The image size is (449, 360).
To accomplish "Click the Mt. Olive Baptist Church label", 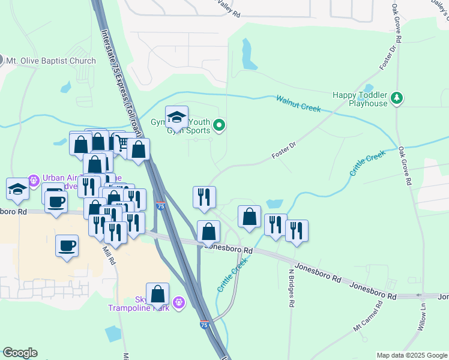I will tap(51, 61).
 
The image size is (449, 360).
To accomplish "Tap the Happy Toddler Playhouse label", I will tap(360, 99).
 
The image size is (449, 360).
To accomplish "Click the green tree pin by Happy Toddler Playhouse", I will tap(396, 98).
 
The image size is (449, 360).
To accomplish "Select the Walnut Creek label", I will tap(298, 103).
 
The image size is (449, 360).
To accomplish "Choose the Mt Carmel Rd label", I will tap(368, 317).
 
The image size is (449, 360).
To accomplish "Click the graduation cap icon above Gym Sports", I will tap(177, 116).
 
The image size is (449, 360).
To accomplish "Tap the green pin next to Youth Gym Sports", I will tap(220, 125).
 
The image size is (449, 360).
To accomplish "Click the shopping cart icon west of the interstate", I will tap(122, 143).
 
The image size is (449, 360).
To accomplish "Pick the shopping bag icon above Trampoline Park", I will tap(157, 294).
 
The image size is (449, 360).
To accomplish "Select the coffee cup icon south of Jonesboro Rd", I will tap(67, 245).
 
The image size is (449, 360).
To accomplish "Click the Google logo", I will tap(20, 353).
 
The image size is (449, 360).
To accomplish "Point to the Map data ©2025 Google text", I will tap(411, 355).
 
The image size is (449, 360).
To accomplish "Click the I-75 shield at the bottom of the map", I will tap(205, 325).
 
